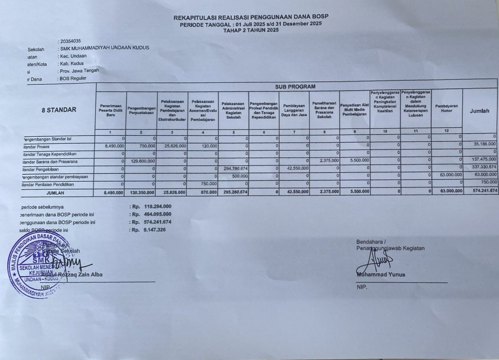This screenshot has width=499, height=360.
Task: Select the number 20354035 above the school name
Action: tap(70, 41)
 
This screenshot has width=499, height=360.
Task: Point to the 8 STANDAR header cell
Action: tap(58, 110)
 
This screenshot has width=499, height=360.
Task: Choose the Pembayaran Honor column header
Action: tap(446, 108)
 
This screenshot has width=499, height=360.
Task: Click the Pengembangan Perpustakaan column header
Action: tap(141, 110)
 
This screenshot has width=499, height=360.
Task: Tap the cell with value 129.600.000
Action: tap(143, 161)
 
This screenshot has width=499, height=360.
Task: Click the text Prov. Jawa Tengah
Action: tap(79, 71)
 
